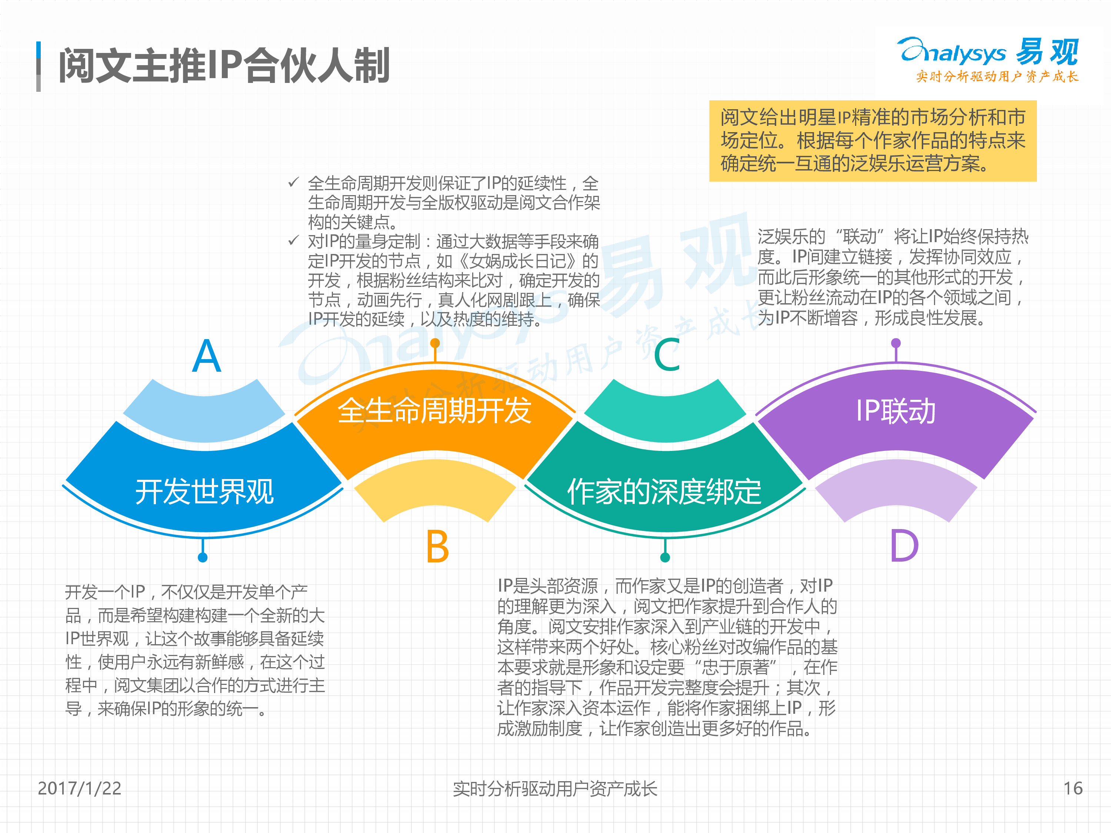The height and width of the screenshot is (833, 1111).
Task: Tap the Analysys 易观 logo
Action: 988,59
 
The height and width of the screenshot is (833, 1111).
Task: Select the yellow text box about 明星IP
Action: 873,141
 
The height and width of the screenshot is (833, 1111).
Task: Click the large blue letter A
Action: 206,355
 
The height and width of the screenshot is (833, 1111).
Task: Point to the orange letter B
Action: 437,546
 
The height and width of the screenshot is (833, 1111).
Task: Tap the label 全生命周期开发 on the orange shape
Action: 434,411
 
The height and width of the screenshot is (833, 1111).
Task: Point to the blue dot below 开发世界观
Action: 203,557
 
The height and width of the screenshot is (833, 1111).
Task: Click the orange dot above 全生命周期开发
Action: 436,343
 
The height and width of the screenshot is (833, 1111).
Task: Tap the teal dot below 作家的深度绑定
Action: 665,557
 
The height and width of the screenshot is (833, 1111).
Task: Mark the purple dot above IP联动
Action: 895,343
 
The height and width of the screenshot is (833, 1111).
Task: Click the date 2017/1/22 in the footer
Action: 79,788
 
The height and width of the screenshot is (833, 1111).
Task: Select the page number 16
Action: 1073,788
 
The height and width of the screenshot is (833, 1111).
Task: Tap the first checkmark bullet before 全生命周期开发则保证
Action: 294,182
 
